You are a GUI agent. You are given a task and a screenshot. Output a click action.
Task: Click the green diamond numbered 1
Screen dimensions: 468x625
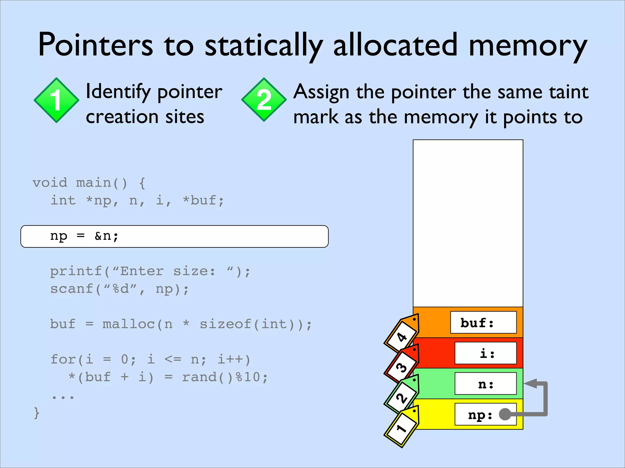56,100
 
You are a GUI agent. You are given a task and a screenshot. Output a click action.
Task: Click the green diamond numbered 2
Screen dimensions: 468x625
264,100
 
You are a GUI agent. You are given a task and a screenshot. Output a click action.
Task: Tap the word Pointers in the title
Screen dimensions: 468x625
95,45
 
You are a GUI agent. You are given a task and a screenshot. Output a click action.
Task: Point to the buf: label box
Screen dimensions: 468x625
483,322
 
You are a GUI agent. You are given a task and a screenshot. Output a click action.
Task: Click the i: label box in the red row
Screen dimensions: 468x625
485,353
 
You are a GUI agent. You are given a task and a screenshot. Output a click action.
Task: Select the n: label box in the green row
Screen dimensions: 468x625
485,384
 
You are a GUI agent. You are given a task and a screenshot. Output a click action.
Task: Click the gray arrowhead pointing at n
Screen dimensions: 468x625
531,384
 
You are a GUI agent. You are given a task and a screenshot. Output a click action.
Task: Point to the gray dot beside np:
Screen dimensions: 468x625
505,414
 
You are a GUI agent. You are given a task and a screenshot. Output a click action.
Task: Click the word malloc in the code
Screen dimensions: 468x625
128,324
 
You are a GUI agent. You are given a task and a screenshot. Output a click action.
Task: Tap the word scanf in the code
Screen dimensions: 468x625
72,289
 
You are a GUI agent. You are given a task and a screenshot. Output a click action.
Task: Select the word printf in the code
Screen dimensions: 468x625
76,271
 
